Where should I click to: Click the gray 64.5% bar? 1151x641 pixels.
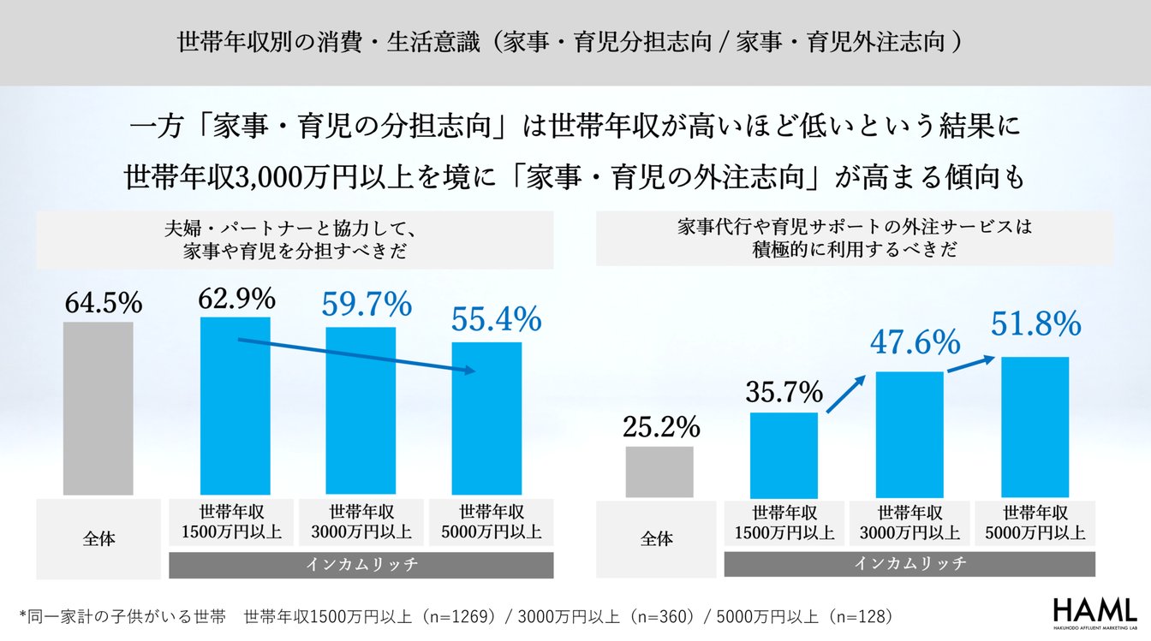coord(98,408)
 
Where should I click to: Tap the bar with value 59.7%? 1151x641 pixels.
coord(361,411)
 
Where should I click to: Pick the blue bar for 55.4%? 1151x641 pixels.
coord(486,418)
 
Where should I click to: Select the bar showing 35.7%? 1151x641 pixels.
coord(784,455)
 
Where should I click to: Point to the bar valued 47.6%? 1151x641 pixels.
coord(909,434)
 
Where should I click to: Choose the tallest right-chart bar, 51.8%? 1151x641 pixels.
coord(1035,426)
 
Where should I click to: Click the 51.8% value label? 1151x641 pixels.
coord(1036,324)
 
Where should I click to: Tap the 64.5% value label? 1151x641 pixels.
coord(102,302)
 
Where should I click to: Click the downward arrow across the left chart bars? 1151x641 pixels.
coord(356,356)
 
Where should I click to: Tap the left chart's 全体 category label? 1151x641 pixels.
coord(99,539)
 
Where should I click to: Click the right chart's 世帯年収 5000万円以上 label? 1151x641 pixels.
coord(1036,523)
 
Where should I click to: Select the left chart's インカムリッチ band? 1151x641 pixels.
coord(361,565)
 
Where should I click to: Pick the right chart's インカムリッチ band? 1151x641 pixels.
coord(909,563)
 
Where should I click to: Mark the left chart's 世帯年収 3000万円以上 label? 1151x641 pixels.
coord(361,521)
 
